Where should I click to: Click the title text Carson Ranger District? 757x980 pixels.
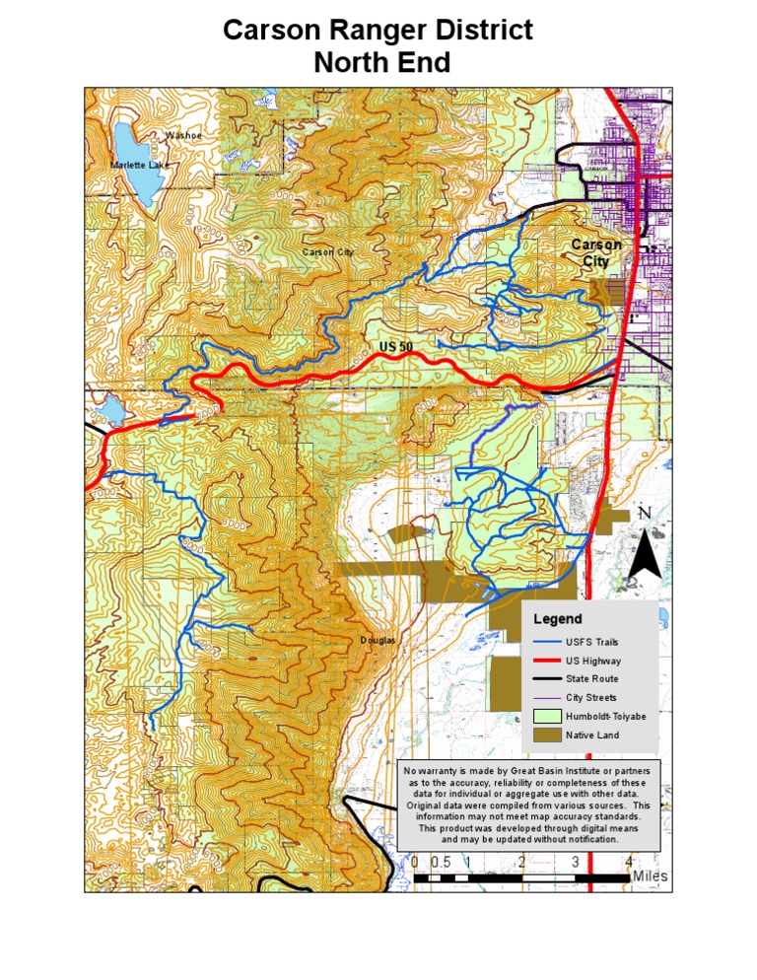click(x=378, y=31)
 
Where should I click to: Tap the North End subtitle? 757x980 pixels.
click(x=381, y=63)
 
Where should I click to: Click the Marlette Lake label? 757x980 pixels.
click(x=139, y=166)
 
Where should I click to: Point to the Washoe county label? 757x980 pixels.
click(x=183, y=135)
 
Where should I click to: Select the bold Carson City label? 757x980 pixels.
click(x=596, y=252)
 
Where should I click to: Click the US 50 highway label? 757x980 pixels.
click(x=396, y=347)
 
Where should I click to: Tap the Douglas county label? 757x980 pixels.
click(x=378, y=640)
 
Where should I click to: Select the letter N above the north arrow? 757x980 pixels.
click(x=645, y=513)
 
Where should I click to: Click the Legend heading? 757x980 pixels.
click(x=558, y=619)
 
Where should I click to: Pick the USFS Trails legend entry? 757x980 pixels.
click(x=591, y=642)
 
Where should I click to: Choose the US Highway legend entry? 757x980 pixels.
click(x=593, y=661)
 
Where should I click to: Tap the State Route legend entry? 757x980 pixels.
click(x=591, y=679)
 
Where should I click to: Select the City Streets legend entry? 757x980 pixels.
click(x=591, y=698)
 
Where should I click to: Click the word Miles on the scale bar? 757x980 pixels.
click(x=650, y=875)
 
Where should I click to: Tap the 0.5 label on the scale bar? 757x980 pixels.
click(x=441, y=862)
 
